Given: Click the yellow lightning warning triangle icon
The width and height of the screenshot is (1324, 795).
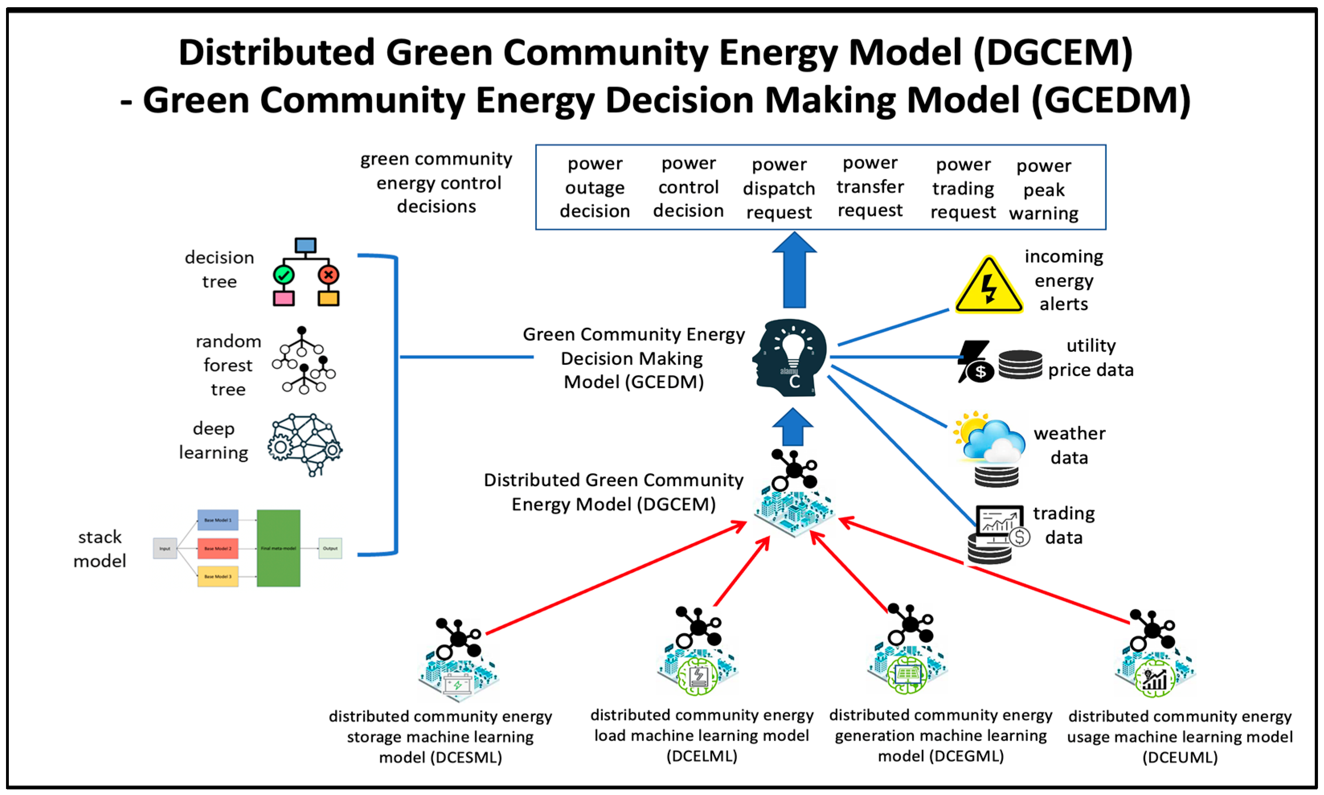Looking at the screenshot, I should (988, 286).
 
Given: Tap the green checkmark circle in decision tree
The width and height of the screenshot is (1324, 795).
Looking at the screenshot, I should (283, 275).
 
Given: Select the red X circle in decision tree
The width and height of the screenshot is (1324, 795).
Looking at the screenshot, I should (328, 275).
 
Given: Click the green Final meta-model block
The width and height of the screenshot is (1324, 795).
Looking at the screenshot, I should (278, 548).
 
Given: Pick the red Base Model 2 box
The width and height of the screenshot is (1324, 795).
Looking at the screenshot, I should (217, 548).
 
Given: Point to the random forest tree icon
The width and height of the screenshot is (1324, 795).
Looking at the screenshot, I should (303, 360).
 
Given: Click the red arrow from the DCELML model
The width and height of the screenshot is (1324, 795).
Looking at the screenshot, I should (742, 572).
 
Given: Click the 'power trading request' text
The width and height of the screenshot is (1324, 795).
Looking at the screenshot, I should (962, 188).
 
